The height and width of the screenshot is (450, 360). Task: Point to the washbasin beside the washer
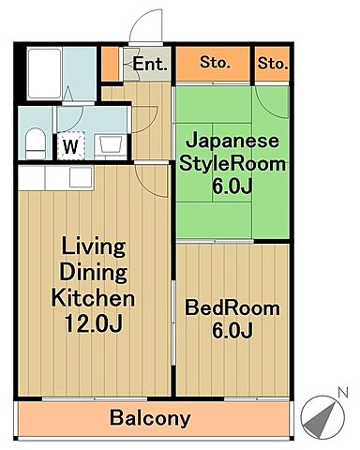pos(109,144)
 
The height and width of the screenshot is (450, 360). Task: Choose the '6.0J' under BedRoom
pos(232,331)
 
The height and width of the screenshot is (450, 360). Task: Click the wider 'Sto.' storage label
pos(215,64)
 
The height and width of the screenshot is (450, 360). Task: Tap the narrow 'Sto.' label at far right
pos(273,64)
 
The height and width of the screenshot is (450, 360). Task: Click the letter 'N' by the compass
pos(342,391)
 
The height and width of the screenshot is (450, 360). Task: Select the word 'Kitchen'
pos(92,299)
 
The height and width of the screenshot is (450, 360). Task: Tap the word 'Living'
pos(92,248)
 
